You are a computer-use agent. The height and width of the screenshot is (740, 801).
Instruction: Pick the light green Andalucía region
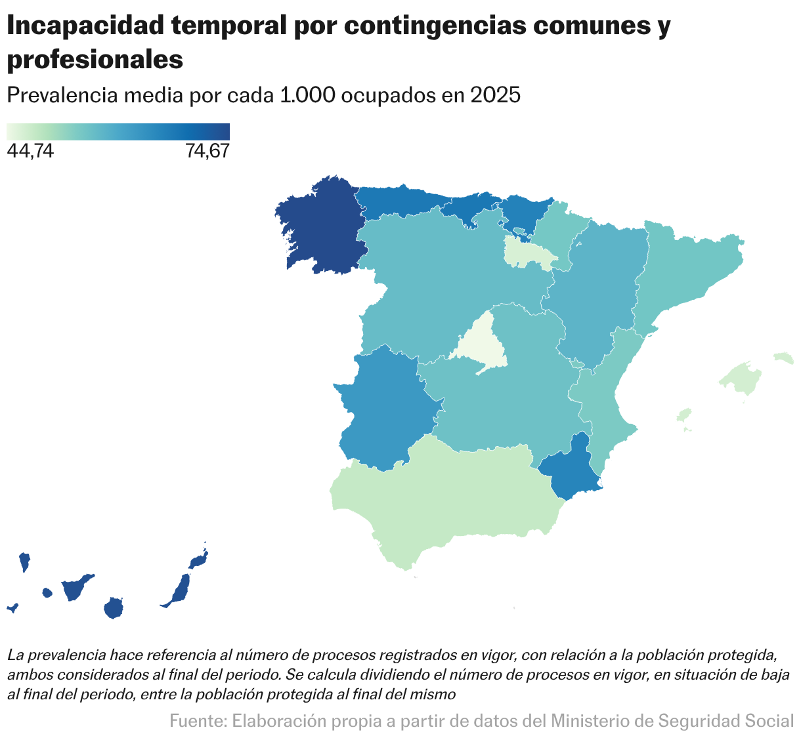(x=446, y=499)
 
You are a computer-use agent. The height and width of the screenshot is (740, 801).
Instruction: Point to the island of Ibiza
(x=684, y=415)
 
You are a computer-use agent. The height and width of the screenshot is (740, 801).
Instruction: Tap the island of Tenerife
(x=75, y=587)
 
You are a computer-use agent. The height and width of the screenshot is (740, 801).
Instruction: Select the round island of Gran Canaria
(x=114, y=607)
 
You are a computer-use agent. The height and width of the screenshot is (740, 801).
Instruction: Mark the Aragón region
(x=597, y=289)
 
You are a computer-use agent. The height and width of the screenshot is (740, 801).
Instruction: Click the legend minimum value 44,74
(x=30, y=152)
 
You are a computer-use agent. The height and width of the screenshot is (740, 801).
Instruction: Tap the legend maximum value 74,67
(x=207, y=152)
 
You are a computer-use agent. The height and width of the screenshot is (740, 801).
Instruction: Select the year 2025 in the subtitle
(x=495, y=95)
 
